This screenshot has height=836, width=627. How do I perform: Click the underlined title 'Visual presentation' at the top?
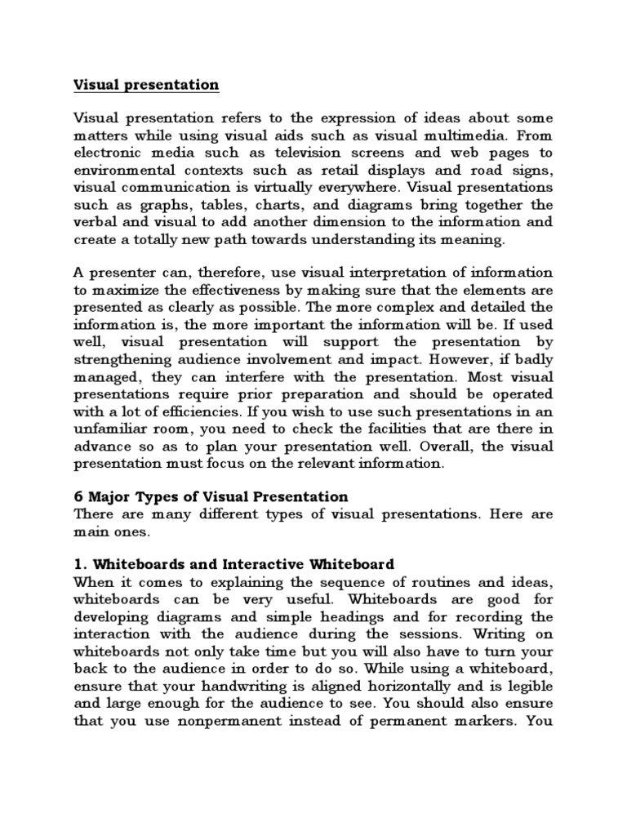[146, 85]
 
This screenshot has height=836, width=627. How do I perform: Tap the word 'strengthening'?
[124, 357]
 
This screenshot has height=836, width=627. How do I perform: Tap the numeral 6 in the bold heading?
[78, 496]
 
